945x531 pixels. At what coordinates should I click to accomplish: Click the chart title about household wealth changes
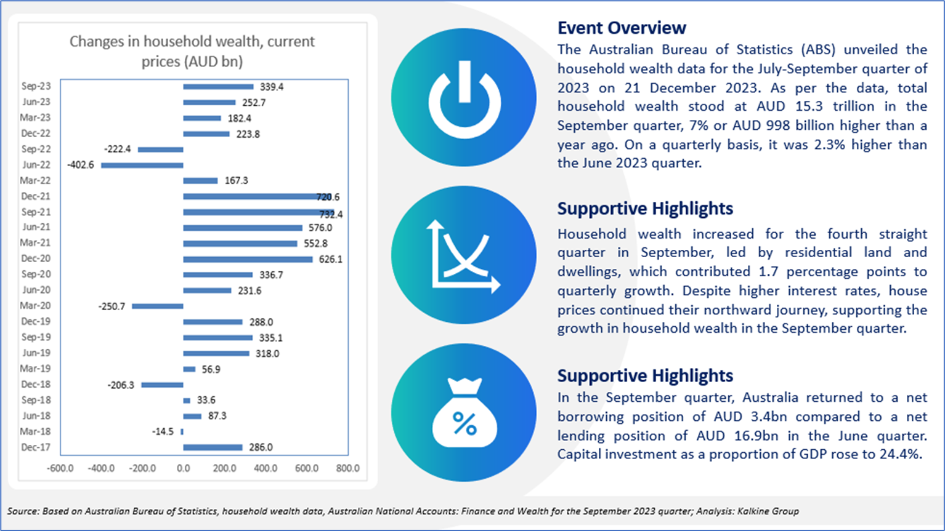pyautogui.click(x=192, y=51)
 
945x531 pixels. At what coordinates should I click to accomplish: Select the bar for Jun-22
pyautogui.click(x=142, y=165)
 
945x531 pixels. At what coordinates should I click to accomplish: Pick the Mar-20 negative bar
pyautogui.click(x=158, y=306)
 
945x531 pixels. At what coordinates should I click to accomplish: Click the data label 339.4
pyautogui.click(x=272, y=87)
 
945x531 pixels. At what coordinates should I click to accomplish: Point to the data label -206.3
pyautogui.click(x=121, y=385)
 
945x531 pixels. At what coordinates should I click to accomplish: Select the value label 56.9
pyautogui.click(x=211, y=369)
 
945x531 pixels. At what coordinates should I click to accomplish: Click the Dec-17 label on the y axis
pyautogui.click(x=36, y=447)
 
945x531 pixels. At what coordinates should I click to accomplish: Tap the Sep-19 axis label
pyautogui.click(x=36, y=337)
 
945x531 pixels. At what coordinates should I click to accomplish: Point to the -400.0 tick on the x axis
pyautogui.click(x=101, y=468)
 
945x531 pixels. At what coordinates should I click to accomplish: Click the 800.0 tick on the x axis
pyautogui.click(x=348, y=468)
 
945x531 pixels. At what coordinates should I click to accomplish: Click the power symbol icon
pyautogui.click(x=464, y=97)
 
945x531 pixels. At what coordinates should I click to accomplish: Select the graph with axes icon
pyautogui.click(x=464, y=255)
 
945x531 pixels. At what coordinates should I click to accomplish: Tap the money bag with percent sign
pyautogui.click(x=464, y=412)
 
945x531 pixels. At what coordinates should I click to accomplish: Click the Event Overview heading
pyautogui.click(x=622, y=28)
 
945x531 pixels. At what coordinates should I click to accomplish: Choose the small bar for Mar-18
pyautogui.click(x=182, y=432)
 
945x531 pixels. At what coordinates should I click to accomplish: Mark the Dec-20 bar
pyautogui.click(x=248, y=259)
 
